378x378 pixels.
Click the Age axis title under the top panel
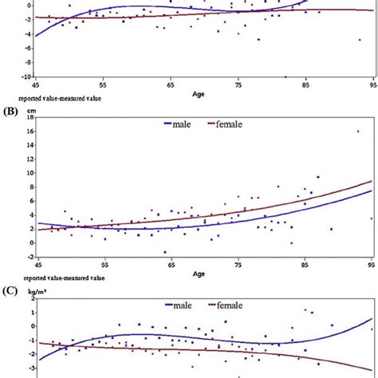[203, 93]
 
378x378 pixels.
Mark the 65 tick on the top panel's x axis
[171, 84]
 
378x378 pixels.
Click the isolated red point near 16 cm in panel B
[358, 132]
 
